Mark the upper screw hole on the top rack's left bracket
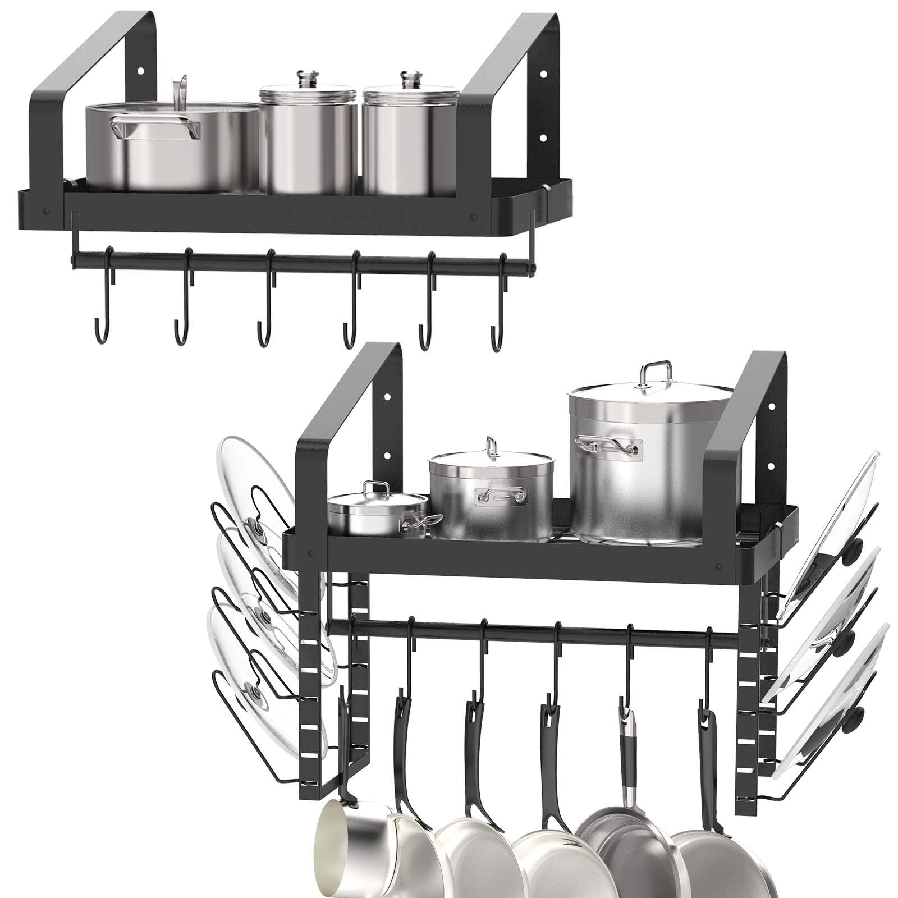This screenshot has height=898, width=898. pos(140,72)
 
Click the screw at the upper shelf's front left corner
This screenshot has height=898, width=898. pos(47,212)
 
